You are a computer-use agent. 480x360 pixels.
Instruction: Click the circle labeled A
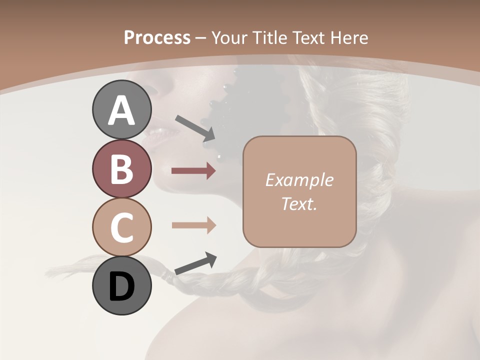(121, 110)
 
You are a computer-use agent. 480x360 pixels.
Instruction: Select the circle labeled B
(121, 168)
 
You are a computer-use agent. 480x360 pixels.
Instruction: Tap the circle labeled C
(121, 227)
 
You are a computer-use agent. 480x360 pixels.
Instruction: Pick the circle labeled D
(121, 285)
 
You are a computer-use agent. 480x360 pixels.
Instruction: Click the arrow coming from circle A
(195, 128)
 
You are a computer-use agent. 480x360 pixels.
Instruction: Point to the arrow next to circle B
(193, 171)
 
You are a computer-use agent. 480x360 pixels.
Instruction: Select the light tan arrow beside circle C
(193, 225)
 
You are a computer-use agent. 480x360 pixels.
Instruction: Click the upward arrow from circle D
(195, 263)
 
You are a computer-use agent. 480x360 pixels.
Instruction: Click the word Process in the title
(157, 37)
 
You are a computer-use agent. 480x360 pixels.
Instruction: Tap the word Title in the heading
(270, 37)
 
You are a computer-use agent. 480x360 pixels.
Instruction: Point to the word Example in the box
(299, 180)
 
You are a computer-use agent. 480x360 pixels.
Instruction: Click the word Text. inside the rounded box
(299, 203)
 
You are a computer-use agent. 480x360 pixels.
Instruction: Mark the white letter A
(121, 110)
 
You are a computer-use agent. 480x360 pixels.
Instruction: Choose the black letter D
(121, 286)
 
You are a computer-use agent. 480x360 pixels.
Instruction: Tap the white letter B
(121, 169)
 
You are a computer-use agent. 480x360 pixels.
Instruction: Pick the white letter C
(121, 227)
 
